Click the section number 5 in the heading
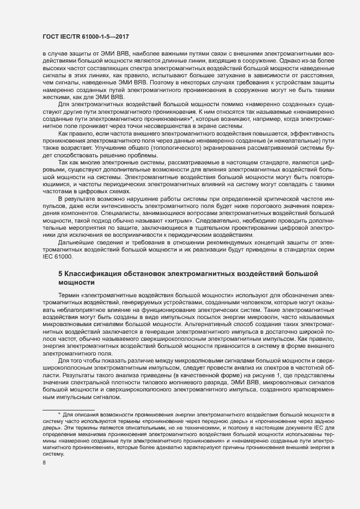60,272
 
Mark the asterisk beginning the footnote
59,415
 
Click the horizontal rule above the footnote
68,409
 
